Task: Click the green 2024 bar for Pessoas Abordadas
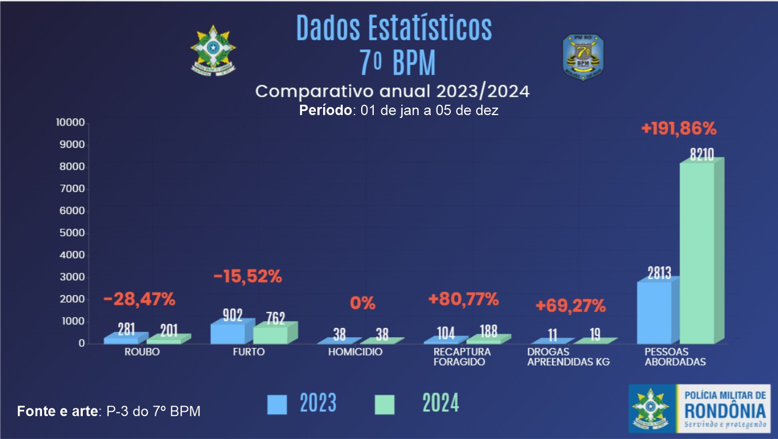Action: [697, 253]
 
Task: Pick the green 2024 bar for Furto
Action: [270, 335]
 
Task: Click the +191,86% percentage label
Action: [679, 129]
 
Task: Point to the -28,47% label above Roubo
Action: [139, 299]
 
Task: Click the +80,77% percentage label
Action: [463, 299]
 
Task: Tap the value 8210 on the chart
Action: [702, 154]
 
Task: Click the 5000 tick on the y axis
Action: [71, 233]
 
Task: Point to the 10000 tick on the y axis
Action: [70, 123]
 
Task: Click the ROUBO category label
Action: [142, 352]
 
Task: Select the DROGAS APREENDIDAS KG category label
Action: [568, 357]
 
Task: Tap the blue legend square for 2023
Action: [277, 404]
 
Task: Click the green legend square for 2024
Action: [384, 404]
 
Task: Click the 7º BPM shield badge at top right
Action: [582, 56]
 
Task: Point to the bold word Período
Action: [325, 110]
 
